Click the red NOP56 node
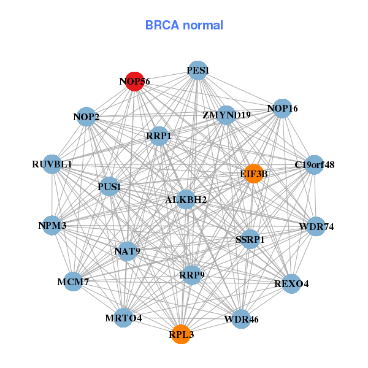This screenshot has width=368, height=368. pyautogui.click(x=134, y=81)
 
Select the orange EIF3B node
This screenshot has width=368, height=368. pyautogui.click(x=253, y=174)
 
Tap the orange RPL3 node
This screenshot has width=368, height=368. pyautogui.click(x=181, y=334)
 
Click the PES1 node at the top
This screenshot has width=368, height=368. pyautogui.click(x=197, y=71)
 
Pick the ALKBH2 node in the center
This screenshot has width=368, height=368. pyautogui.click(x=186, y=199)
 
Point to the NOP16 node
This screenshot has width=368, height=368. pyautogui.click(x=282, y=109)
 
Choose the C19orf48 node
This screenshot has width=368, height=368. pyautogui.click(x=314, y=164)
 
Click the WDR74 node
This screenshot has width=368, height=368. pyautogui.click(x=316, y=226)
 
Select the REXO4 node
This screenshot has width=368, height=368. pyautogui.click(x=291, y=283)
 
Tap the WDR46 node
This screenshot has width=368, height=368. pyautogui.click(x=237, y=319)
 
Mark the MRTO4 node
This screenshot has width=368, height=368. pyautogui.click(x=123, y=318)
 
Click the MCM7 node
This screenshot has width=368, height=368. pyautogui.click(x=73, y=282)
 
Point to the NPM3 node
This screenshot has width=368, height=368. pyautogui.click(x=52, y=226)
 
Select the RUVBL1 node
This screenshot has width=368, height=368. pyautogui.click(x=53, y=164)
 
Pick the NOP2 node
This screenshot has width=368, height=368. pyautogui.click(x=86, y=117)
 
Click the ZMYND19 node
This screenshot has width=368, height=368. pyautogui.click(x=226, y=115)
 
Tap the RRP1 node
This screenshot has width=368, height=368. pyautogui.click(x=159, y=136)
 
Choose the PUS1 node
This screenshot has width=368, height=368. pyautogui.click(x=109, y=186)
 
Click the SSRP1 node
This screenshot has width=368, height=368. pyautogui.click(x=250, y=239)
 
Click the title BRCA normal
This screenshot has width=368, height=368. pyautogui.click(x=184, y=25)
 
